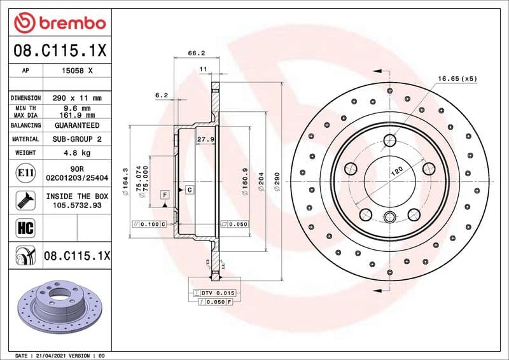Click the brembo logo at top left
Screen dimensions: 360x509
point(59,23)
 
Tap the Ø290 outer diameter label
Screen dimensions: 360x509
point(276,183)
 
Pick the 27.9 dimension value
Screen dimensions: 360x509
point(204,139)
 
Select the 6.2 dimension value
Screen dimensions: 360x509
point(161,95)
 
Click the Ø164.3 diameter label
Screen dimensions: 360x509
point(126,181)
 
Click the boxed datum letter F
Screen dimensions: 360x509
point(165,193)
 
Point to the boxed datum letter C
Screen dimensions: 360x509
point(189,190)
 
